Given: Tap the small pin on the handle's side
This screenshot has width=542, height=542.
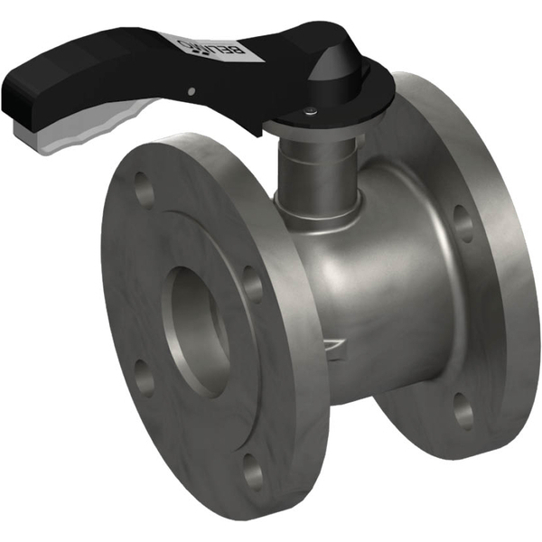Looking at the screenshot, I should [191, 90].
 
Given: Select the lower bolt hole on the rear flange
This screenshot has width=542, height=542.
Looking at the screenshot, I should [463, 411].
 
